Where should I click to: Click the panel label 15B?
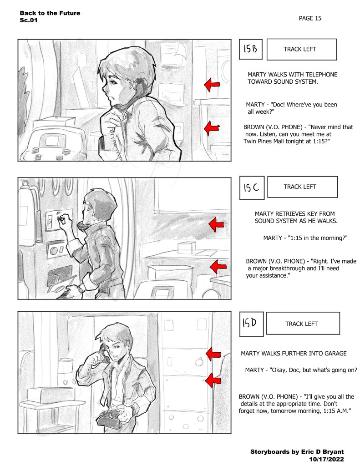click(251, 49)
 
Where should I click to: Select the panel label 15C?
click(252, 187)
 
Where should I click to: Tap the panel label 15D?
click(251, 324)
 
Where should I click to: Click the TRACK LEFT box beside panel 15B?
click(301, 49)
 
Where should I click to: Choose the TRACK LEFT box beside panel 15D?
click(303, 323)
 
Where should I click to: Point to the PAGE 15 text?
click(310, 18)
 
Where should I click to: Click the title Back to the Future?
click(50, 13)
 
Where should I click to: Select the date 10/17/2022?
click(326, 459)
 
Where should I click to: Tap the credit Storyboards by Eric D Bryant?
click(297, 452)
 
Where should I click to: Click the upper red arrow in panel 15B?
click(212, 85)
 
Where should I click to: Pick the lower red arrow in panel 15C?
click(218, 267)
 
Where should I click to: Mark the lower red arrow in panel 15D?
click(213, 380)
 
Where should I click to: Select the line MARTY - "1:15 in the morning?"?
click(305, 238)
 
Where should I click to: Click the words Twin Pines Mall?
click(264, 142)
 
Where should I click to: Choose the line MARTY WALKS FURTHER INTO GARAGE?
click(294, 354)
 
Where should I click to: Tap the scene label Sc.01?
click(29, 20)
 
